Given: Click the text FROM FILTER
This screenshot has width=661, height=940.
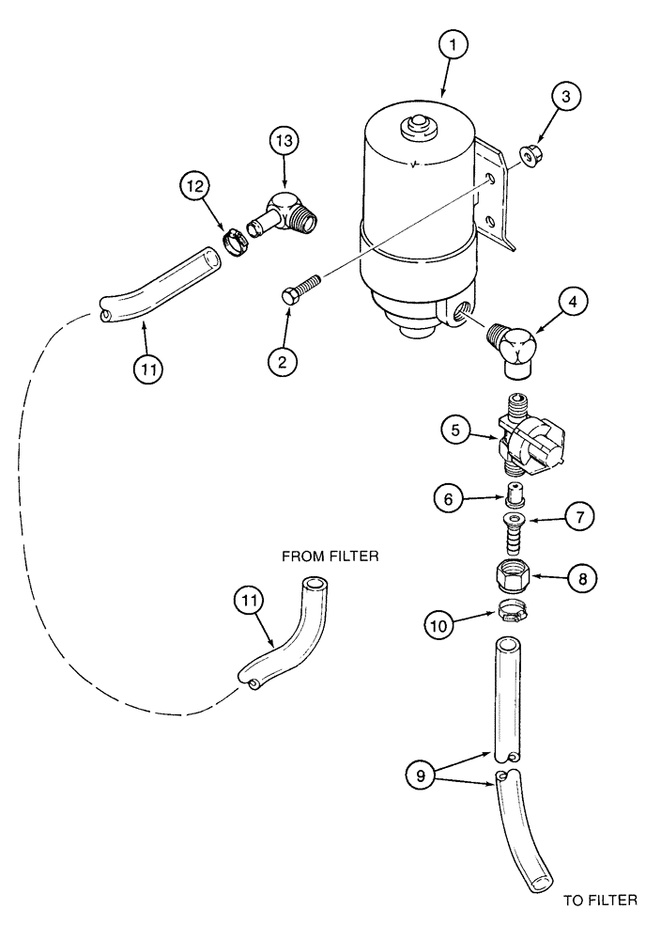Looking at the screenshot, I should click(330, 556).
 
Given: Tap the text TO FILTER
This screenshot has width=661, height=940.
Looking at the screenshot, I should click(600, 901).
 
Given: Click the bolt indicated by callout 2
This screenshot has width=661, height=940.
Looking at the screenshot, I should click(301, 285).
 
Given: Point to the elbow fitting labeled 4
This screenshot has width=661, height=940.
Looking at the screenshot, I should click(515, 345).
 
